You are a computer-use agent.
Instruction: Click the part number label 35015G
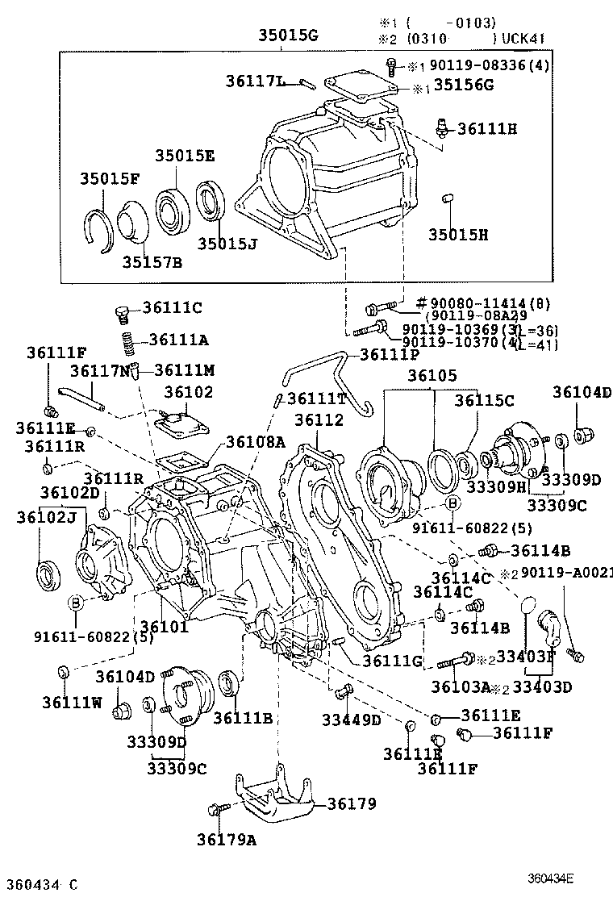coord(288,35)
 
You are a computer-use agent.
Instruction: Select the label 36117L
coord(255,81)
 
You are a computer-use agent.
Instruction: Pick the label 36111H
coord(487,128)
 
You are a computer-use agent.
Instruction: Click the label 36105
coord(432,376)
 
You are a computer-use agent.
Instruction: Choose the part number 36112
coord(319,420)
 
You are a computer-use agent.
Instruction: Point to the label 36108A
coord(256,441)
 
